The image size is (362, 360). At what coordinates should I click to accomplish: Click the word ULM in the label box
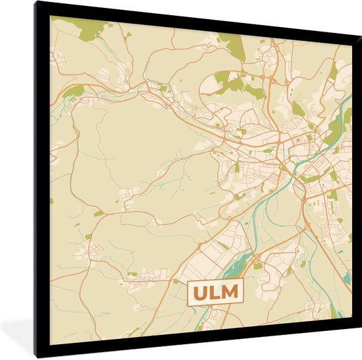tap(215, 292)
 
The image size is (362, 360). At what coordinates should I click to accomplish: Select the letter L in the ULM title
tap(215, 292)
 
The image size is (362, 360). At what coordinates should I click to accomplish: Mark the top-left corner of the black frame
tap(37, 4)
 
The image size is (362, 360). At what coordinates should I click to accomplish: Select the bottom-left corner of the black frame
tap(37, 356)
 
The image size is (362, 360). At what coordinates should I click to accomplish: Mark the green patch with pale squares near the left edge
tap(73, 90)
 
